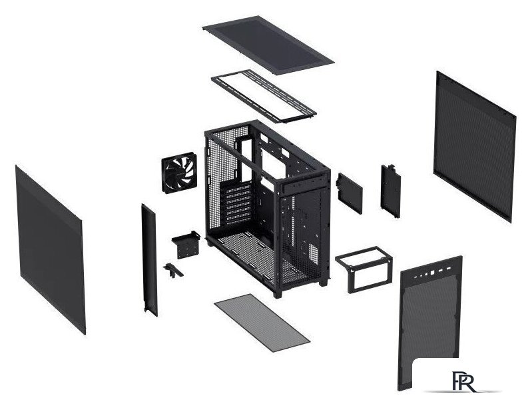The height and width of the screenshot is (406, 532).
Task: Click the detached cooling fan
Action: pos(179,172)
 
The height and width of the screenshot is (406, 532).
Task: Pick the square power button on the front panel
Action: pos(432,273)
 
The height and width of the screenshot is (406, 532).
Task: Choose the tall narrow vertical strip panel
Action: pos(149,260)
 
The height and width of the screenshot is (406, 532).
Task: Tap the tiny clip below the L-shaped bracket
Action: pos(173,271)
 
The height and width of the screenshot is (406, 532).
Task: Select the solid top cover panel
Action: pos(268,45)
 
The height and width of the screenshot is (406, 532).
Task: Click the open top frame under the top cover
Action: pos(264,96)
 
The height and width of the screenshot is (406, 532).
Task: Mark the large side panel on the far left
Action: pos(50,250)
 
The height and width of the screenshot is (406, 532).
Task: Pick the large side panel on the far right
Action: pos(474,147)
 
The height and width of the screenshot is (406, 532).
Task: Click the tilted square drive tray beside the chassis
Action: pos(349,193)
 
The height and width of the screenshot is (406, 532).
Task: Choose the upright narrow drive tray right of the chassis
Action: pos(391,191)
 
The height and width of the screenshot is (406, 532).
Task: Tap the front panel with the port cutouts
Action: pos(429,323)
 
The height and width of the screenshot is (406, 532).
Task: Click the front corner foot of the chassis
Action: pos(277,294)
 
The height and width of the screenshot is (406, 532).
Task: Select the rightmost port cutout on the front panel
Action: pos(449,269)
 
